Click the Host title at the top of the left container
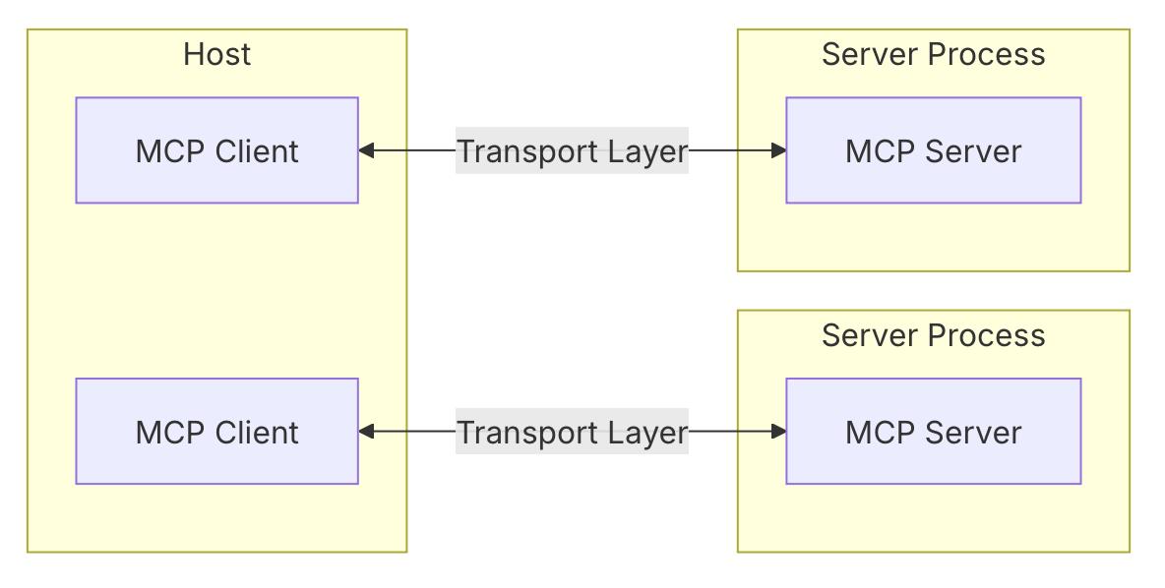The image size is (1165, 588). pos(216,54)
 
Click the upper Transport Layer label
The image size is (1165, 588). pos(571,151)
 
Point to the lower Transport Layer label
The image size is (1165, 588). pos(571,433)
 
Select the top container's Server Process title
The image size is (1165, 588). pos(933,54)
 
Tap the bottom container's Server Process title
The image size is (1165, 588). pos(933,335)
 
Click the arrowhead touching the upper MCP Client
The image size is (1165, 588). pos(366,150)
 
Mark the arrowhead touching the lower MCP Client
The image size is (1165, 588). pos(366,431)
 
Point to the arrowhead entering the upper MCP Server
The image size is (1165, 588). pos(778,150)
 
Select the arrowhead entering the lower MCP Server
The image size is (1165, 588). pos(778,431)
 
